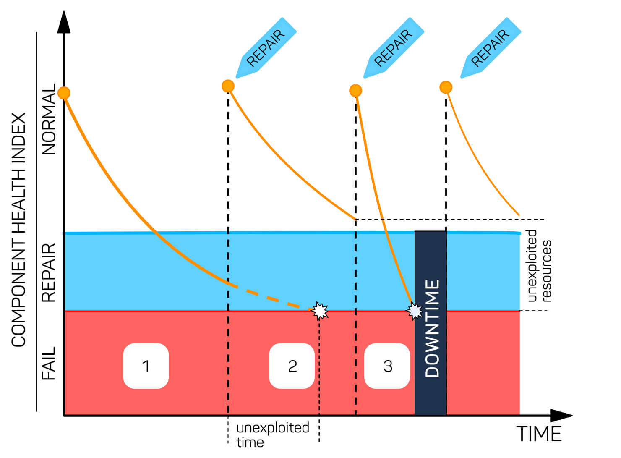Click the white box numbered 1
146,366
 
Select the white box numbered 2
292,366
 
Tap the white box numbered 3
387,366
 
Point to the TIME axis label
539,434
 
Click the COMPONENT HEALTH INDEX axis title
18,230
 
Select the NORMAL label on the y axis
49,119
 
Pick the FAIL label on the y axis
49,364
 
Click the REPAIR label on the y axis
49,273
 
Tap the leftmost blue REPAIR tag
266,47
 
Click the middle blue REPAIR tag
394,47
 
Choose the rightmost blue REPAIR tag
491,47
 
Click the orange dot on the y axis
64,93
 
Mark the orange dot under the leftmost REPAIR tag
228,86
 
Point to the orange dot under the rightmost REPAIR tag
446,87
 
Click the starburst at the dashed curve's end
320,311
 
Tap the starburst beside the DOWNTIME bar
415,311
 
